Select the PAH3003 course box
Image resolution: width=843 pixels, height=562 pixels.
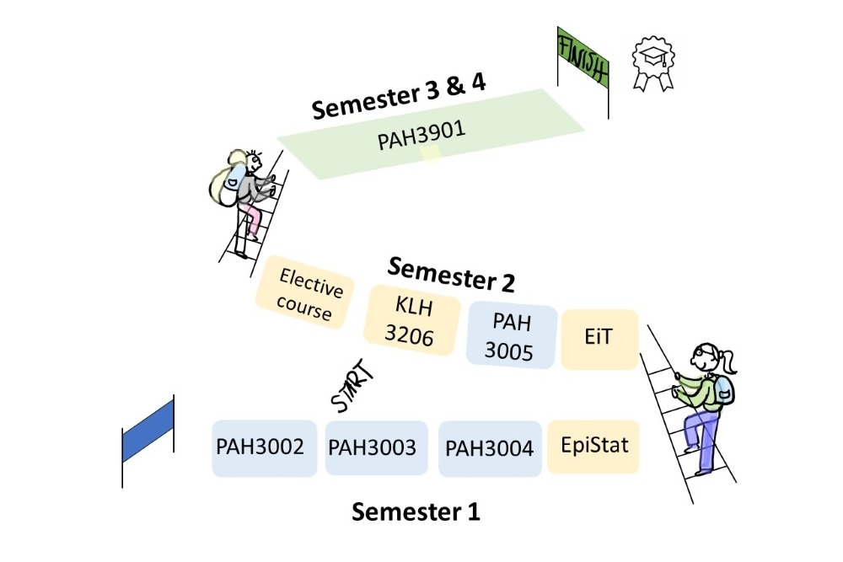372,447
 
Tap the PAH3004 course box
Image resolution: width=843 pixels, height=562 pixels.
490,448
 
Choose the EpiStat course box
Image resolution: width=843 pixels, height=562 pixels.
593,444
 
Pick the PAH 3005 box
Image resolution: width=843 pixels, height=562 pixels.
513,336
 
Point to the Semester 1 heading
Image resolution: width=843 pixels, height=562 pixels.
416,511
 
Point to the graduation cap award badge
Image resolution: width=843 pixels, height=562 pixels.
654,62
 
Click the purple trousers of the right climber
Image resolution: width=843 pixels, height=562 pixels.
702,430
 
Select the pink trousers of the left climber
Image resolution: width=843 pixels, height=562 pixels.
250,217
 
